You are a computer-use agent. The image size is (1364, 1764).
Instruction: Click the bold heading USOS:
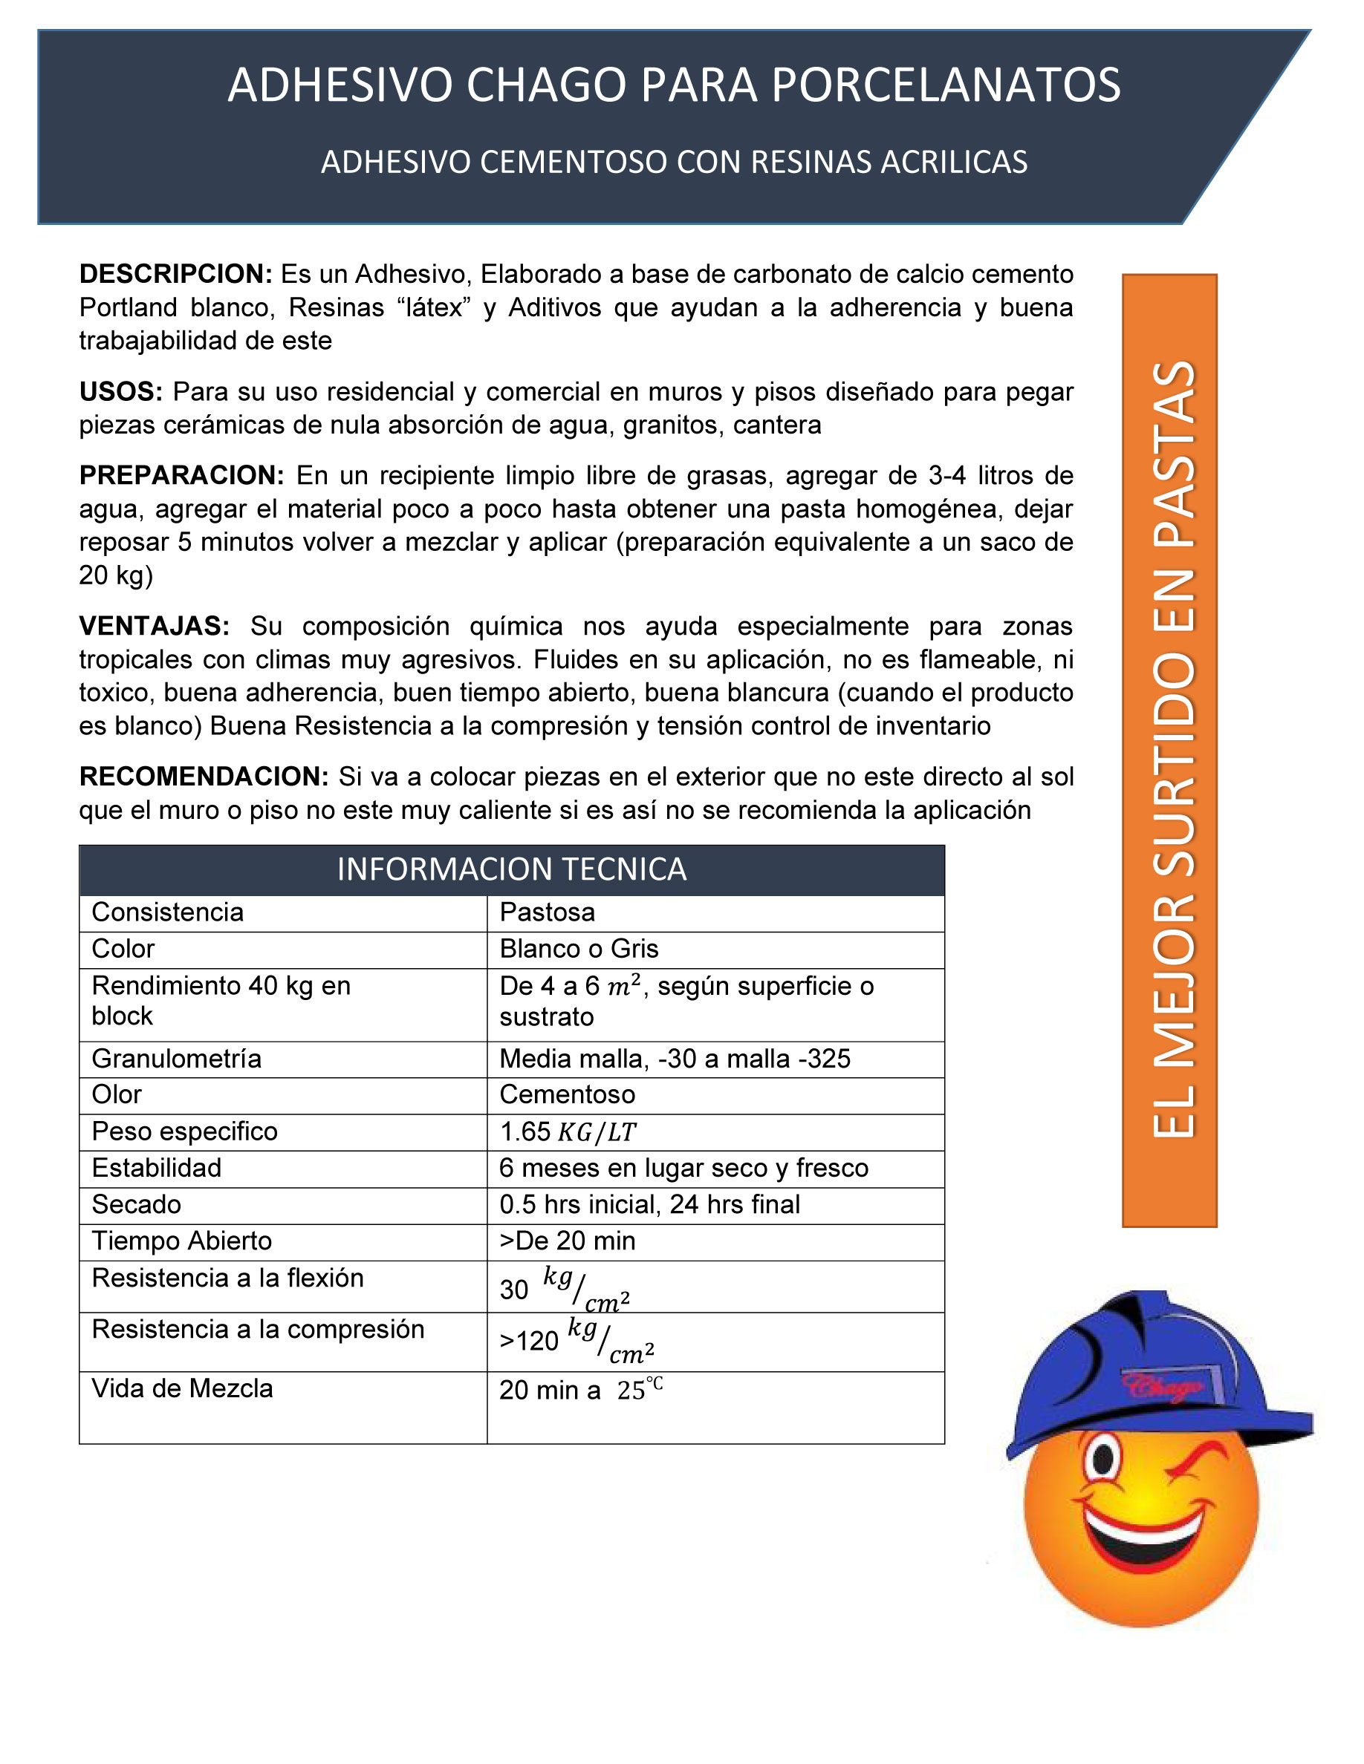point(121,392)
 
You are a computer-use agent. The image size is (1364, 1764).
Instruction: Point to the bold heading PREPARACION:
point(182,475)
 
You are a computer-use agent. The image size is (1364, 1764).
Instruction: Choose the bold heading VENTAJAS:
point(155,626)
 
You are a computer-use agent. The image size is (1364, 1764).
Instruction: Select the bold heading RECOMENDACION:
point(204,776)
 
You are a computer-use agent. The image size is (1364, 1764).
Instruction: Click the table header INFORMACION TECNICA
point(511,869)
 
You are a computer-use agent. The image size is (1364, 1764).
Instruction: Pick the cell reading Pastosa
point(547,912)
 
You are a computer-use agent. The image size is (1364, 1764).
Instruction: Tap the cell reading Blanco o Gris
point(579,948)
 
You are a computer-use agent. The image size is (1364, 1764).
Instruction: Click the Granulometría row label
point(176,1058)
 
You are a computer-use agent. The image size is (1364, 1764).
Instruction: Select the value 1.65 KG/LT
point(568,1131)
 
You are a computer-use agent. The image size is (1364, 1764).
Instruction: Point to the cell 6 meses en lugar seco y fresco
point(683,1168)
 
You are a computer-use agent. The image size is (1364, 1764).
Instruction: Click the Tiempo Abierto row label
point(182,1241)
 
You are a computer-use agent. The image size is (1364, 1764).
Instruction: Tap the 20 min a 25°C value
point(580,1389)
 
